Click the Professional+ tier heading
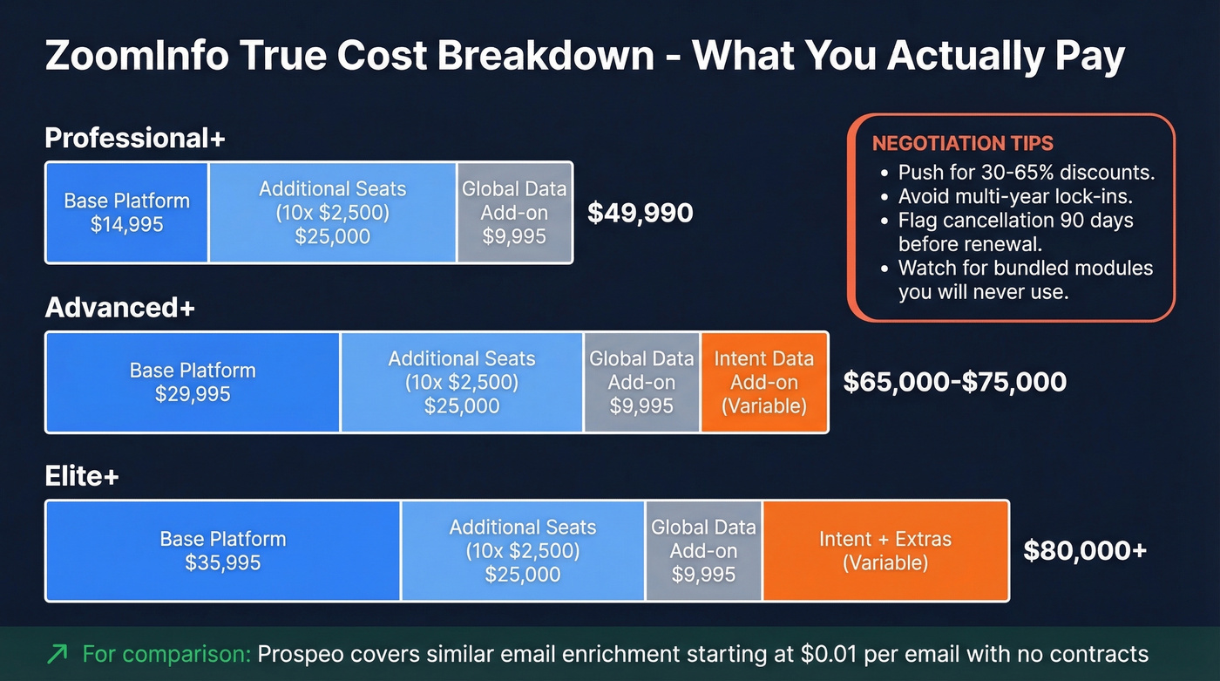click(x=134, y=139)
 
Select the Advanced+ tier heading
click(x=119, y=308)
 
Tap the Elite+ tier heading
click(x=82, y=477)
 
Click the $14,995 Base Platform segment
click(x=126, y=212)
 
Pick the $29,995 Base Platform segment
click(x=193, y=382)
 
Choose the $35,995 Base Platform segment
click(x=222, y=551)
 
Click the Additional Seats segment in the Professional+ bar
click(x=332, y=212)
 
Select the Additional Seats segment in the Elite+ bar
click(x=523, y=551)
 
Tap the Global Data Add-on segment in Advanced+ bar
click(x=641, y=382)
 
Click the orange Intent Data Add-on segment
click(x=763, y=382)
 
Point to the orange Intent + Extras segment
click(x=884, y=551)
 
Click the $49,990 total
click(x=640, y=213)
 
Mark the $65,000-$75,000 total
click(x=954, y=382)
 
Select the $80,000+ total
click(x=1084, y=551)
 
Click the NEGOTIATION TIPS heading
click(x=962, y=144)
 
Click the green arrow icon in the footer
click(x=58, y=654)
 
